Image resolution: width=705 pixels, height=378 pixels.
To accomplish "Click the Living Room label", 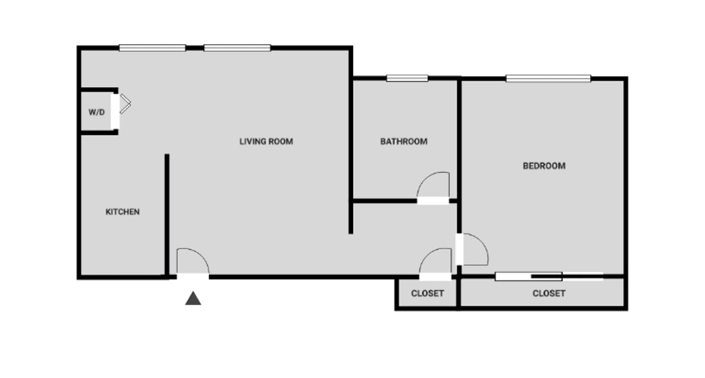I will coord(266,141).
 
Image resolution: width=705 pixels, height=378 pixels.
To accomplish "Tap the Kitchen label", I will coord(122,212).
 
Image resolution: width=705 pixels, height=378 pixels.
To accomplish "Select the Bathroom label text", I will coord(404,141).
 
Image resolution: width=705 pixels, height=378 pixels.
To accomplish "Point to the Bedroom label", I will coord(544,166).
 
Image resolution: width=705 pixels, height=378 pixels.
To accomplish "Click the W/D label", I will coord(96,112).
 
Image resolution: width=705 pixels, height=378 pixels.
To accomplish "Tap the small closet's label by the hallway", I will coord(427,293).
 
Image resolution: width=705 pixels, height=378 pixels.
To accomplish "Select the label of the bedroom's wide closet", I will coord(549,293).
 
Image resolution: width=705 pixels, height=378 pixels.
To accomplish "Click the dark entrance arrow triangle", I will coord(193,299).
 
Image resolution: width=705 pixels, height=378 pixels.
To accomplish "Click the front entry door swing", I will coord(193,262).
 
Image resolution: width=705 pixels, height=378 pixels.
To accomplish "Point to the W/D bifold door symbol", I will coord(125,104).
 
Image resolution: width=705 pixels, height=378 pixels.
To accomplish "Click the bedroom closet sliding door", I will coord(549,277).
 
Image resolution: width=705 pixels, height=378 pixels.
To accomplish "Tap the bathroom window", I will coord(407,78).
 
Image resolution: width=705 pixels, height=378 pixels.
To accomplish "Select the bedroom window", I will coord(548,78).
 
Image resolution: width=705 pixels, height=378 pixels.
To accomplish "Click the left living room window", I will coord(152,48).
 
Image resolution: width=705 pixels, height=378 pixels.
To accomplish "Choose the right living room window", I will coord(237,48).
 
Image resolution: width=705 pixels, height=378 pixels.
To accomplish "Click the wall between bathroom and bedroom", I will coord(459,139).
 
